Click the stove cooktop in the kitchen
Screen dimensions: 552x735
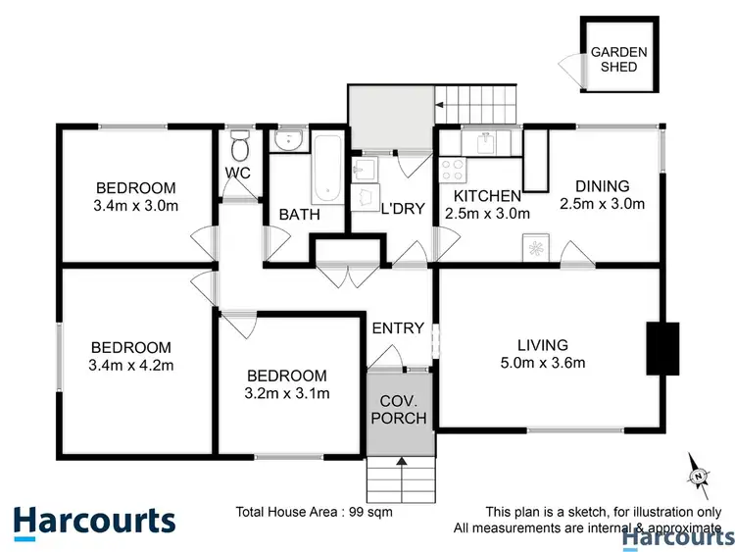point(452,168)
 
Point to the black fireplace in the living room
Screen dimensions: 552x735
point(662,349)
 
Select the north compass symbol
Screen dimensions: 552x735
point(698,475)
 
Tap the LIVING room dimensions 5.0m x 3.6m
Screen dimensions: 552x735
point(543,363)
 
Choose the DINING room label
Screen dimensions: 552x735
point(602,186)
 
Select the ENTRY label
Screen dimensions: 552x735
point(398,327)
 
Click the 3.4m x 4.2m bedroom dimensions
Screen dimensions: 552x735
point(131,366)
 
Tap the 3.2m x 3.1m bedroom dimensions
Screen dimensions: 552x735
point(286,394)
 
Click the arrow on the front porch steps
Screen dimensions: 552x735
point(399,462)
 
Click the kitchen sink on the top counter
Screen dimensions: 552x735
point(485,144)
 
